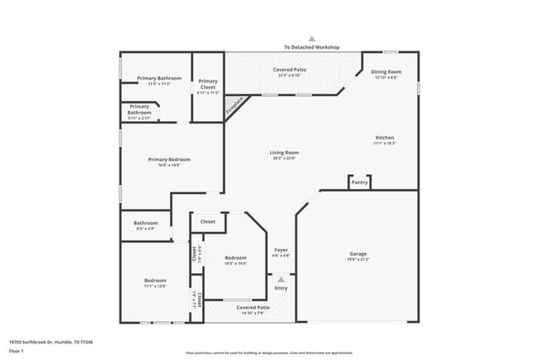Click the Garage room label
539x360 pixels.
tap(358, 254)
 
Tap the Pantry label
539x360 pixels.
tap(359, 182)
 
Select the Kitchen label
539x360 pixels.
tap(385, 138)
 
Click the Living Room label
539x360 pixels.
tap(284, 153)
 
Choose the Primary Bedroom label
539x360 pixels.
tap(169, 159)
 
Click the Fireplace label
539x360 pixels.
tap(236, 105)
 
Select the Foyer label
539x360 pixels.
tap(281, 250)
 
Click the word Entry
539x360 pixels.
tap(281, 288)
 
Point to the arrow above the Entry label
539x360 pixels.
tap(281, 280)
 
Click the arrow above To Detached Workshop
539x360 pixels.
tap(313, 38)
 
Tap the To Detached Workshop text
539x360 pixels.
tap(313, 48)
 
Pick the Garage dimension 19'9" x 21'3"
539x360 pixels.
tap(358, 260)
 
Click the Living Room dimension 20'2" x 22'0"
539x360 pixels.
tap(284, 158)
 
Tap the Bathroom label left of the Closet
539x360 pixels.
tap(146, 222)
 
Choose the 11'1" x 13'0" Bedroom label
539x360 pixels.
tap(155, 286)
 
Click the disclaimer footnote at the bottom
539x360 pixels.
tap(269, 352)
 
